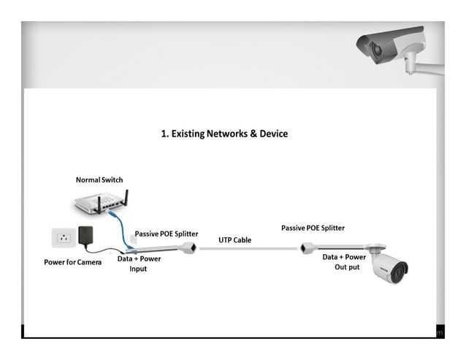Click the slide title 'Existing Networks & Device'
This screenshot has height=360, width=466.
[224, 134]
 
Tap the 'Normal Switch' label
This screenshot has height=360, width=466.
[99, 180]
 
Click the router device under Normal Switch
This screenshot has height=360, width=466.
[99, 204]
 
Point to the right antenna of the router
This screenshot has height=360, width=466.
[126, 199]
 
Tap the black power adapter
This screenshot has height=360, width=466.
[86, 235]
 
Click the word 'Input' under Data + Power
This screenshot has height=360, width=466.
[138, 269]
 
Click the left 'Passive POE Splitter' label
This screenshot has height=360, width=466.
[166, 234]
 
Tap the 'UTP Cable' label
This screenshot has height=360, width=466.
[235, 240]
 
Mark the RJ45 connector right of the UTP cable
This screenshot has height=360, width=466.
[308, 248]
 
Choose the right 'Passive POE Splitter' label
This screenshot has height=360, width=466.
[313, 229]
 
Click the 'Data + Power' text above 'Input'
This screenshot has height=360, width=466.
[139, 258]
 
